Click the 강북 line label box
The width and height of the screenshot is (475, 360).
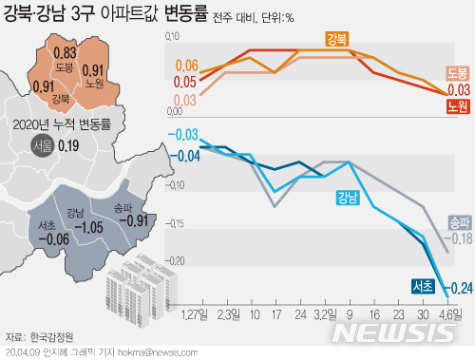(x=335, y=39)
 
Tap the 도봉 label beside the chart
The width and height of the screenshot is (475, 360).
(x=457, y=73)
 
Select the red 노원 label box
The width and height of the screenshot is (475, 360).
(x=457, y=105)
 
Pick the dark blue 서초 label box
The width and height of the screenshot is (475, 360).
(x=424, y=284)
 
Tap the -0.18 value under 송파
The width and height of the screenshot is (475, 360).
(x=461, y=237)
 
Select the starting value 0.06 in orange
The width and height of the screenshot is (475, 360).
(x=186, y=66)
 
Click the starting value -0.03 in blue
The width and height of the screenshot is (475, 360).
(x=186, y=134)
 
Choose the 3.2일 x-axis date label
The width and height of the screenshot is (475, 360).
(x=326, y=312)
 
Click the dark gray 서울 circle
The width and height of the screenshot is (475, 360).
(x=42, y=146)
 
